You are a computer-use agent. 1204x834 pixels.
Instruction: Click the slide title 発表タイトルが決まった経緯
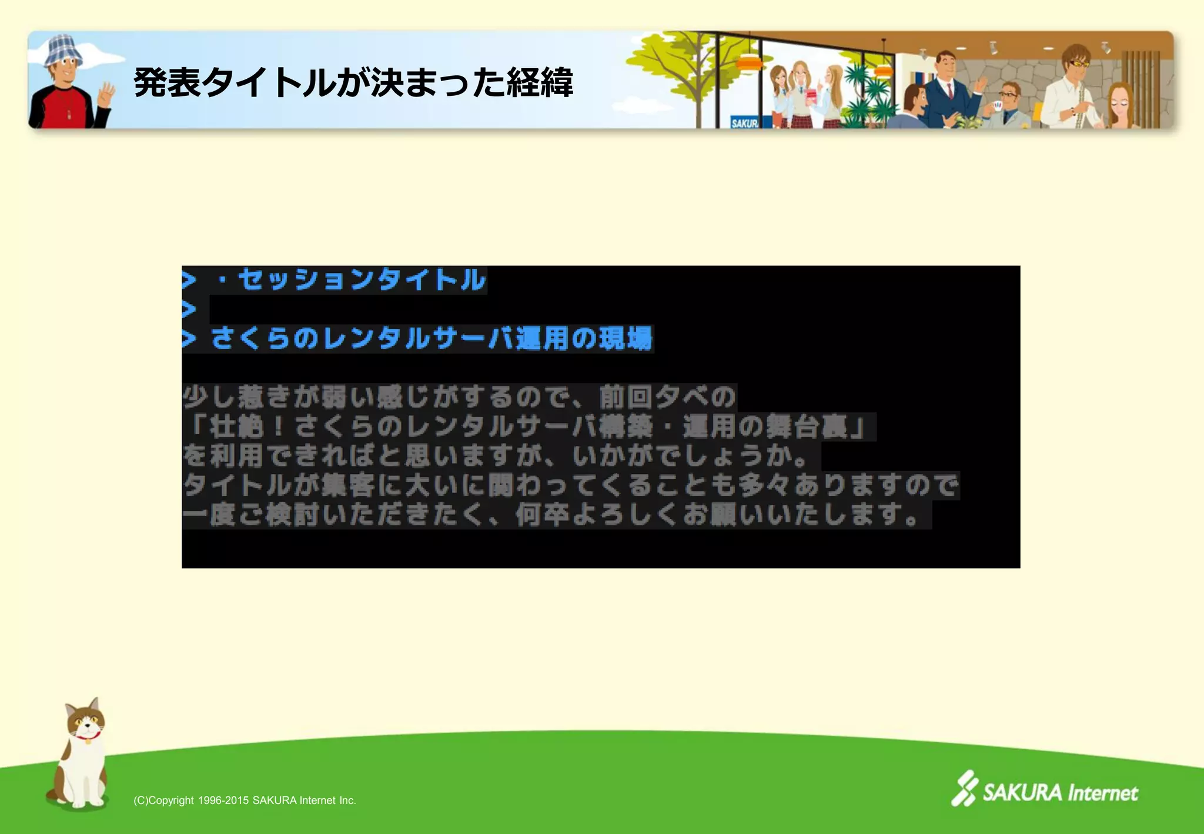coord(353,82)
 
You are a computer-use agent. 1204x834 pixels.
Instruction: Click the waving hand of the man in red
coord(106,94)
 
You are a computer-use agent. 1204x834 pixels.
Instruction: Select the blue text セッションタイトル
coord(362,279)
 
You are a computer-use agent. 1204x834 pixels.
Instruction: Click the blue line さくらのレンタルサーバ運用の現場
coord(432,339)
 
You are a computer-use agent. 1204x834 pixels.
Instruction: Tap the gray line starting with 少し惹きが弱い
coord(459,397)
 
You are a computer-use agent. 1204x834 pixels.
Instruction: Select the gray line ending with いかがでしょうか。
coord(500,456)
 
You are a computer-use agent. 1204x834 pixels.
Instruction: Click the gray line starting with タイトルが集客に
coord(570,486)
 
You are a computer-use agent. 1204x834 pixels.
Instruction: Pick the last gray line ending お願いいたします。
coord(556,515)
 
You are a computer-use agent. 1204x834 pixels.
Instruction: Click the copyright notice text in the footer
coord(245,800)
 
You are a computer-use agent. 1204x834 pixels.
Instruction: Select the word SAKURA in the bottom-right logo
coord(1022,793)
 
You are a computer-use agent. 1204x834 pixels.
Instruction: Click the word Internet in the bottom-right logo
coord(1103,793)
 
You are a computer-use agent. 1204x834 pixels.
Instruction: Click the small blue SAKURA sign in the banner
coord(744,122)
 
